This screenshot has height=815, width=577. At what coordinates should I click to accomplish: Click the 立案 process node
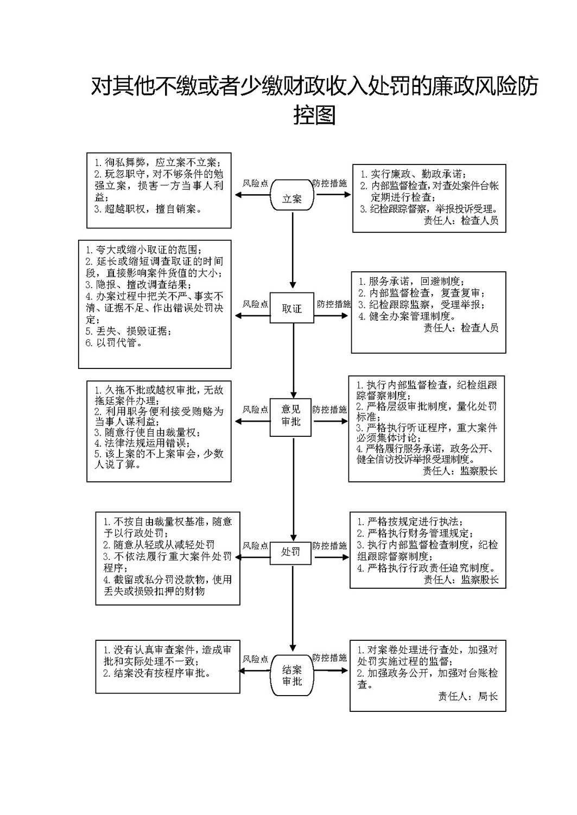[291, 195]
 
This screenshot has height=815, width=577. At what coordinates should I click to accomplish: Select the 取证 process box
[291, 308]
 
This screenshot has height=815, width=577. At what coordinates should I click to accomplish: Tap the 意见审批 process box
[290, 417]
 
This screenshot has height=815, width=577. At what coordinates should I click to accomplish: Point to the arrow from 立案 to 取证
[293, 250]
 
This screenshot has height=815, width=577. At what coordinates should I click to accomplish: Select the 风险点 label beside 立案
[255, 183]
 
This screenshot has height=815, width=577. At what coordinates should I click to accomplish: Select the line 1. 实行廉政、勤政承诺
[414, 174]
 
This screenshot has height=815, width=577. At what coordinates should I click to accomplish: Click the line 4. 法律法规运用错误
[142, 443]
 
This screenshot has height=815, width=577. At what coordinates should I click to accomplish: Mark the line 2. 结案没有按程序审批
[157, 673]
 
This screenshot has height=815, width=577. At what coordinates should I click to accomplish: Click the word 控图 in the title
[314, 115]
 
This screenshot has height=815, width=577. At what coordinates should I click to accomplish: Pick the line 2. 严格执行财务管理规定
[415, 533]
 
